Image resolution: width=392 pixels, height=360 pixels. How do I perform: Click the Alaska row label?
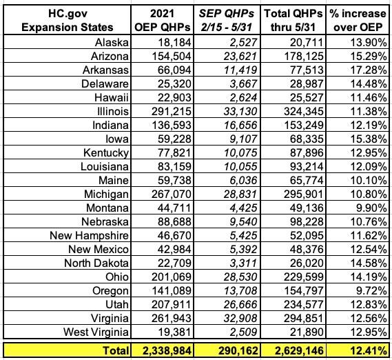112,42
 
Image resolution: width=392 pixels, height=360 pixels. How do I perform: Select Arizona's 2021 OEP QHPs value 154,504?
172,56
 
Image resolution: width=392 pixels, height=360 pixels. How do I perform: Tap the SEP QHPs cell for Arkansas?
240,70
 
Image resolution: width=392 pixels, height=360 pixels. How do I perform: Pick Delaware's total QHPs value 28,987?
307,83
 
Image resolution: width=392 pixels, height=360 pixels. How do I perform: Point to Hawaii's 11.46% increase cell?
369,97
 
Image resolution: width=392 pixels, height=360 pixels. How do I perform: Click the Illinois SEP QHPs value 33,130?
240,111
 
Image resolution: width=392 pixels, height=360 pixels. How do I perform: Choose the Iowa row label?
117,139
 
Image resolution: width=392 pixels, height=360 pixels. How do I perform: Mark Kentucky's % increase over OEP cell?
369,152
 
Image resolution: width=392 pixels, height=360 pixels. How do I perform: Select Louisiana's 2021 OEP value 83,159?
174,166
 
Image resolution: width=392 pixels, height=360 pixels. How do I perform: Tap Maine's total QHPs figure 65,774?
307,180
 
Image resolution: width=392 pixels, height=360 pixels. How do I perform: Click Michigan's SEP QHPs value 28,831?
240,194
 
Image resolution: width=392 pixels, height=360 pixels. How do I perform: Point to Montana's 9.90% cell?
371,208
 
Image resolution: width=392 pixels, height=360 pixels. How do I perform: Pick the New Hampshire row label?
89,235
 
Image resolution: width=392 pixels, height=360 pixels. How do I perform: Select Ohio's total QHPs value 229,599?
304,277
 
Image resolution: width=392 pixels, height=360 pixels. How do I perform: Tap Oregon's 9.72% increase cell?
371,290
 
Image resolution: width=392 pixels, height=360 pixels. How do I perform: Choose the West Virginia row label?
96,332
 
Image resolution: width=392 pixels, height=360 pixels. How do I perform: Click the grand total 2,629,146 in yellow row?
299,351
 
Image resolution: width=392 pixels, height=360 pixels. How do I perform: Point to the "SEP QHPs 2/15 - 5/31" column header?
227,20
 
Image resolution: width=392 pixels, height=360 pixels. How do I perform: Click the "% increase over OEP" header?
358,20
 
